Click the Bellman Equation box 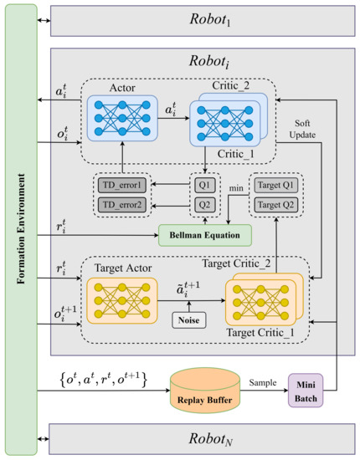(205, 235)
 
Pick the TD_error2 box (121, 205)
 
